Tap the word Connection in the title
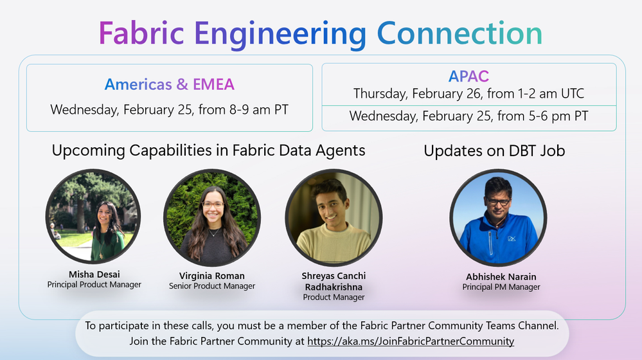pyautogui.click(x=459, y=33)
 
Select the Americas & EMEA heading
pyautogui.click(x=170, y=84)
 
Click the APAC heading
pyautogui.click(x=468, y=76)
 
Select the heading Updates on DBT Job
pyautogui.click(x=494, y=151)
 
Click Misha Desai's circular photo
pyautogui.click(x=93, y=217)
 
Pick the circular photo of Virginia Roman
pyautogui.click(x=212, y=219)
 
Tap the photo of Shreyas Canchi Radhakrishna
pyautogui.click(x=334, y=218)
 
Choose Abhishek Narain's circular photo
pyautogui.click(x=498, y=218)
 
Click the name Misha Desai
pyautogui.click(x=94, y=274)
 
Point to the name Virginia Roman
pyautogui.click(x=212, y=276)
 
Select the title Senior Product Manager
pyautogui.click(x=212, y=286)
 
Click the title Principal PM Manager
pyautogui.click(x=501, y=287)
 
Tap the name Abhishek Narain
pyautogui.click(x=501, y=277)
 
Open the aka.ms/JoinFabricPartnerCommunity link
pyautogui.click(x=411, y=341)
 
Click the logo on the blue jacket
pyautogui.click(x=512, y=239)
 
